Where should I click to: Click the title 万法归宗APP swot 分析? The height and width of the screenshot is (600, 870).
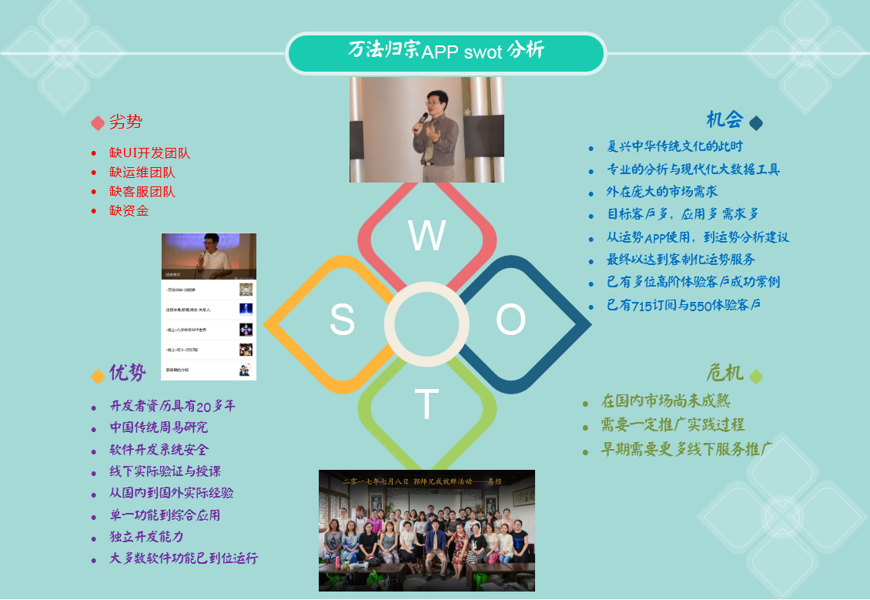[x=446, y=52]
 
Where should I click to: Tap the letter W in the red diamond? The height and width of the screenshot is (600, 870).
[x=427, y=236]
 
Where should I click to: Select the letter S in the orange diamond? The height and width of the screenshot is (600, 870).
[x=342, y=320]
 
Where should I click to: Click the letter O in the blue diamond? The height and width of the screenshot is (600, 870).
[x=510, y=320]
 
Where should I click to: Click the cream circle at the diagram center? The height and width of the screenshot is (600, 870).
[x=427, y=324]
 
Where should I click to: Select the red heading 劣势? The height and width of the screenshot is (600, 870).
[x=125, y=122]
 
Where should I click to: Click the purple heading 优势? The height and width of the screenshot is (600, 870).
[x=127, y=374]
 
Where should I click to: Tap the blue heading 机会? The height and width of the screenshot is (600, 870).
[x=724, y=120]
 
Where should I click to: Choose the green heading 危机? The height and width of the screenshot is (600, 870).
[x=724, y=374]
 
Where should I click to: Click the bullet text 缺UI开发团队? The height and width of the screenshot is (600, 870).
[x=149, y=153]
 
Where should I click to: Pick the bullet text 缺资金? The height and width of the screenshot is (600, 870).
[x=129, y=211]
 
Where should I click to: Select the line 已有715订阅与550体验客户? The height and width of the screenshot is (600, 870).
[x=683, y=306]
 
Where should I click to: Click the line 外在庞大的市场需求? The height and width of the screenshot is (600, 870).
[x=662, y=192]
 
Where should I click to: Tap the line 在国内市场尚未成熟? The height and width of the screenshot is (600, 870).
[x=665, y=401]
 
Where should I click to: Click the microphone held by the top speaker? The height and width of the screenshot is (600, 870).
[x=423, y=119]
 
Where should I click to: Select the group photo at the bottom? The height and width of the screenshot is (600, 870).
[x=427, y=531]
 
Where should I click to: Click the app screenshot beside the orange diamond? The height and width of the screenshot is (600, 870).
[x=209, y=307]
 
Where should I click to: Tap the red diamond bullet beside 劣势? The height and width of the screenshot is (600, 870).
[x=98, y=123]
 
